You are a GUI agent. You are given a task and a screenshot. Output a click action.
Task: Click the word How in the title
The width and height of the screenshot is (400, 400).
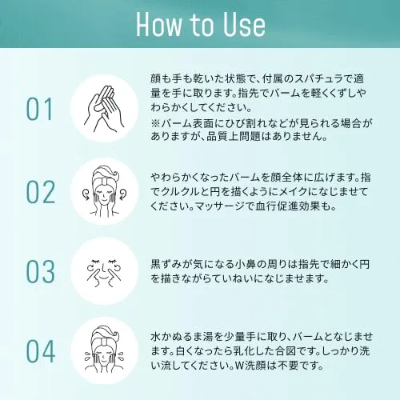(158, 25)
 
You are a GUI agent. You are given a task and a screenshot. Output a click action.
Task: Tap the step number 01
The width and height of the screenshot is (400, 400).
(39, 110)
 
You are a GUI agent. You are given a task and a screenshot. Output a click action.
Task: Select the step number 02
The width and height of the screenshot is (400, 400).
(41, 192)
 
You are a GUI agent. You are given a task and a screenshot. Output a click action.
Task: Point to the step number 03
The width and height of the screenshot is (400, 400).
(41, 271)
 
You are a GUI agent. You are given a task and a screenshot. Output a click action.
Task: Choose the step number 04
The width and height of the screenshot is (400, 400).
(41, 351)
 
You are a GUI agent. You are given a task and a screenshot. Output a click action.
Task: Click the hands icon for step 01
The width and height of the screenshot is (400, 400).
(104, 109)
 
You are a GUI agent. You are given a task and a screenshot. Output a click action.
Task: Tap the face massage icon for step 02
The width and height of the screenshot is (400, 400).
(104, 191)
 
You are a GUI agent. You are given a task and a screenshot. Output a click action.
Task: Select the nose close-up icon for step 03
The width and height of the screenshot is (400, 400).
(104, 271)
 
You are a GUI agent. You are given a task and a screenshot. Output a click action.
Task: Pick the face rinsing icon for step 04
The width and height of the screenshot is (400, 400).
(104, 350)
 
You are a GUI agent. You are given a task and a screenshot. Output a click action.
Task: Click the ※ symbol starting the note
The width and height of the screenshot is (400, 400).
(155, 123)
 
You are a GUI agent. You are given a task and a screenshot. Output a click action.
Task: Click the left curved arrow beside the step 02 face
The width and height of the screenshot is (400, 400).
(87, 194)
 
